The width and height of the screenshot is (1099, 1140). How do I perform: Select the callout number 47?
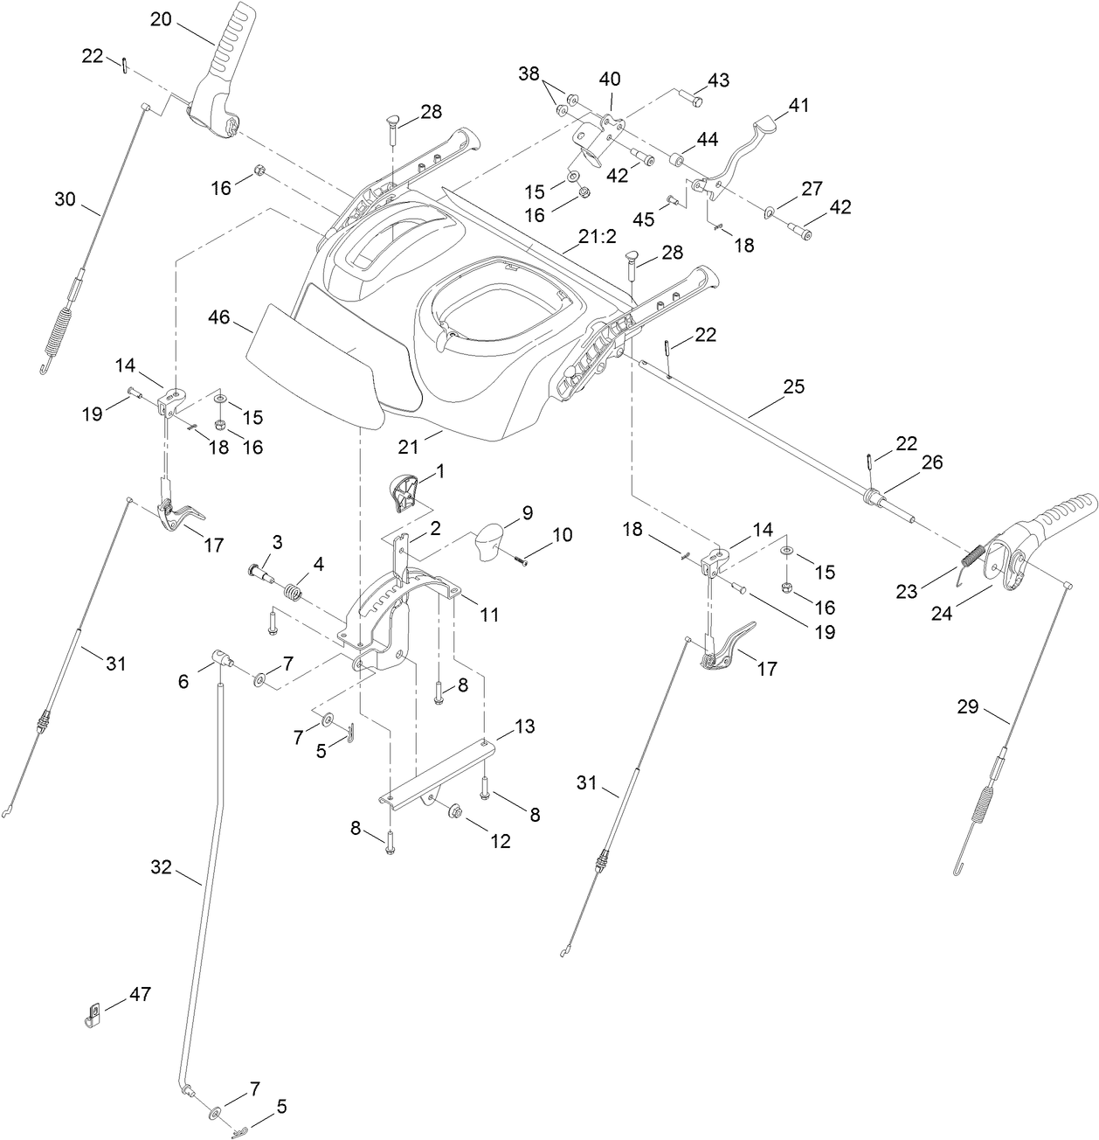coord(140,995)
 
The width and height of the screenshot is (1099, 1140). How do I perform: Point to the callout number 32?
coord(162,867)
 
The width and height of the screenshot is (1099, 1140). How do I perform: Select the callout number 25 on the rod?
coord(793,386)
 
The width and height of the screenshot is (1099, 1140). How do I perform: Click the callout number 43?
coord(718,80)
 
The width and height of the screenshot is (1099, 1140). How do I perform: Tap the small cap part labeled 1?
coord(404,491)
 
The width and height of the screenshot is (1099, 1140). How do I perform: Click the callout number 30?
coord(66,198)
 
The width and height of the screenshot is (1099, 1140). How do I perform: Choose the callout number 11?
coord(488,615)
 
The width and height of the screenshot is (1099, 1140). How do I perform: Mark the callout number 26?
coord(932,462)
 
